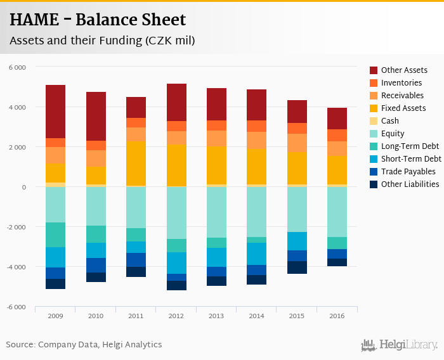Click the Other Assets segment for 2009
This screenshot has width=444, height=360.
[55, 112]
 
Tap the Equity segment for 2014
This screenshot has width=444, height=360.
[257, 212]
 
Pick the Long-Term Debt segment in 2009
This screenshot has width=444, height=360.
[55, 235]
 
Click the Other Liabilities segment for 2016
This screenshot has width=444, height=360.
[337, 262]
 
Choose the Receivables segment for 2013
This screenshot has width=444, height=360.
[217, 139]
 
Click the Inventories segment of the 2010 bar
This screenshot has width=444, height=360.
[96, 146]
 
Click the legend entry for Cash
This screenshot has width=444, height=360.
[389, 121]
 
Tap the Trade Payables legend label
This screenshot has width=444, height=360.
[408, 172]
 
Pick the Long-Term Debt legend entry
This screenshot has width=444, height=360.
[410, 146]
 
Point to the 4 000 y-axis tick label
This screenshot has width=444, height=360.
[18, 107]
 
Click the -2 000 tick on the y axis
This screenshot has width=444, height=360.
[16, 227]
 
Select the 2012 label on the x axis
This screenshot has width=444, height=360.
[176, 316]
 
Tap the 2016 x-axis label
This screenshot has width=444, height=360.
[337, 316]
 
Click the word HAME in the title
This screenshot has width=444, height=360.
[36, 20]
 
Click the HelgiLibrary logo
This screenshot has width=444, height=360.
[400, 345]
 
